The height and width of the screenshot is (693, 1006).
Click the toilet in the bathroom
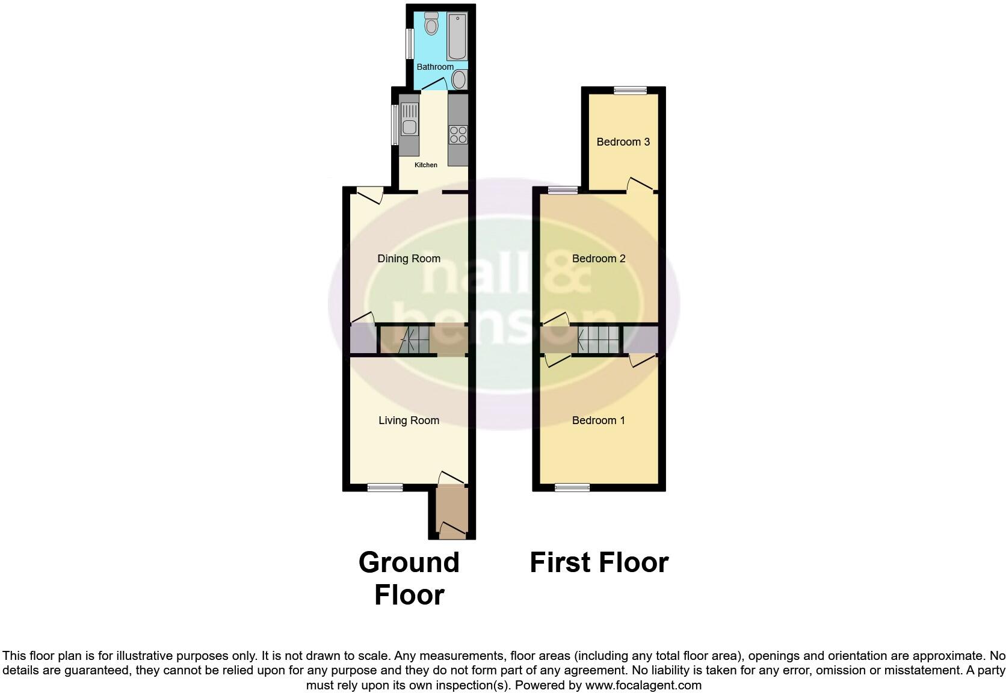click(x=431, y=23)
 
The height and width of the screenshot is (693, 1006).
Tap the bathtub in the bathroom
click(x=457, y=36)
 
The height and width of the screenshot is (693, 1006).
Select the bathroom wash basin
click(x=459, y=79)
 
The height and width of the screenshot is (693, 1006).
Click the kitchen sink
click(x=409, y=119)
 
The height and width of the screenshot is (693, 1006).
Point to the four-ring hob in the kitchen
click(x=458, y=135)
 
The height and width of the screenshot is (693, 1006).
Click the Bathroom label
click(x=435, y=67)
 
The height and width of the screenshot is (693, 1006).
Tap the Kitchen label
click(x=426, y=165)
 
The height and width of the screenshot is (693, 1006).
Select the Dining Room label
click(x=409, y=259)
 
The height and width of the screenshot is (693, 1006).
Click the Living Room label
click(x=409, y=420)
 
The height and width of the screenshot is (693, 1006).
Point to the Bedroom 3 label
click(x=623, y=142)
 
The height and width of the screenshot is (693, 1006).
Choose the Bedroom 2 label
click(x=599, y=259)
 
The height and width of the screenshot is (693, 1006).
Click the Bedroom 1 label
click(x=598, y=420)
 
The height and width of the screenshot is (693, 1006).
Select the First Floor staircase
click(x=598, y=339)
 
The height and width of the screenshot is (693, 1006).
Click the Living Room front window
click(x=385, y=487)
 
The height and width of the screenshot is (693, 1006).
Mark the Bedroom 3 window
click(x=631, y=90)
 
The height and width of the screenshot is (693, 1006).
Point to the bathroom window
click(x=410, y=43)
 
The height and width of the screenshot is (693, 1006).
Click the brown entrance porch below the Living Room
click(x=452, y=512)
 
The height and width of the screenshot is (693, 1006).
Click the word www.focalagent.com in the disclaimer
click(x=643, y=685)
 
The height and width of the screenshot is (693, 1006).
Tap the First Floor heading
click(x=599, y=562)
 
